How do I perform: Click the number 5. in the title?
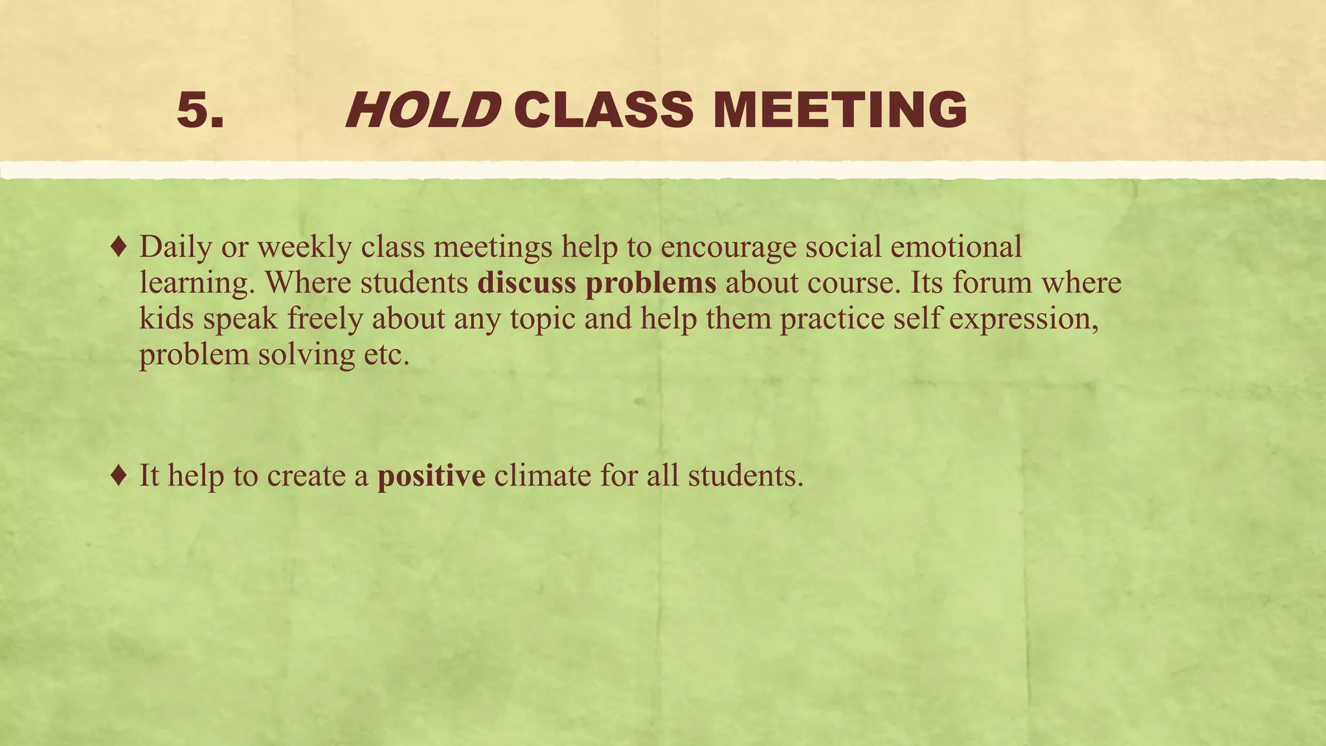click(x=200, y=109)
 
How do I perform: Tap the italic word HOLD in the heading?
click(x=423, y=109)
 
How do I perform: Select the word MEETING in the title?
click(x=840, y=109)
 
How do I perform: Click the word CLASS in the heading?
click(x=604, y=109)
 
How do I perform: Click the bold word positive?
click(x=431, y=477)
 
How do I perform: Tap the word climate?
click(x=543, y=476)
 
